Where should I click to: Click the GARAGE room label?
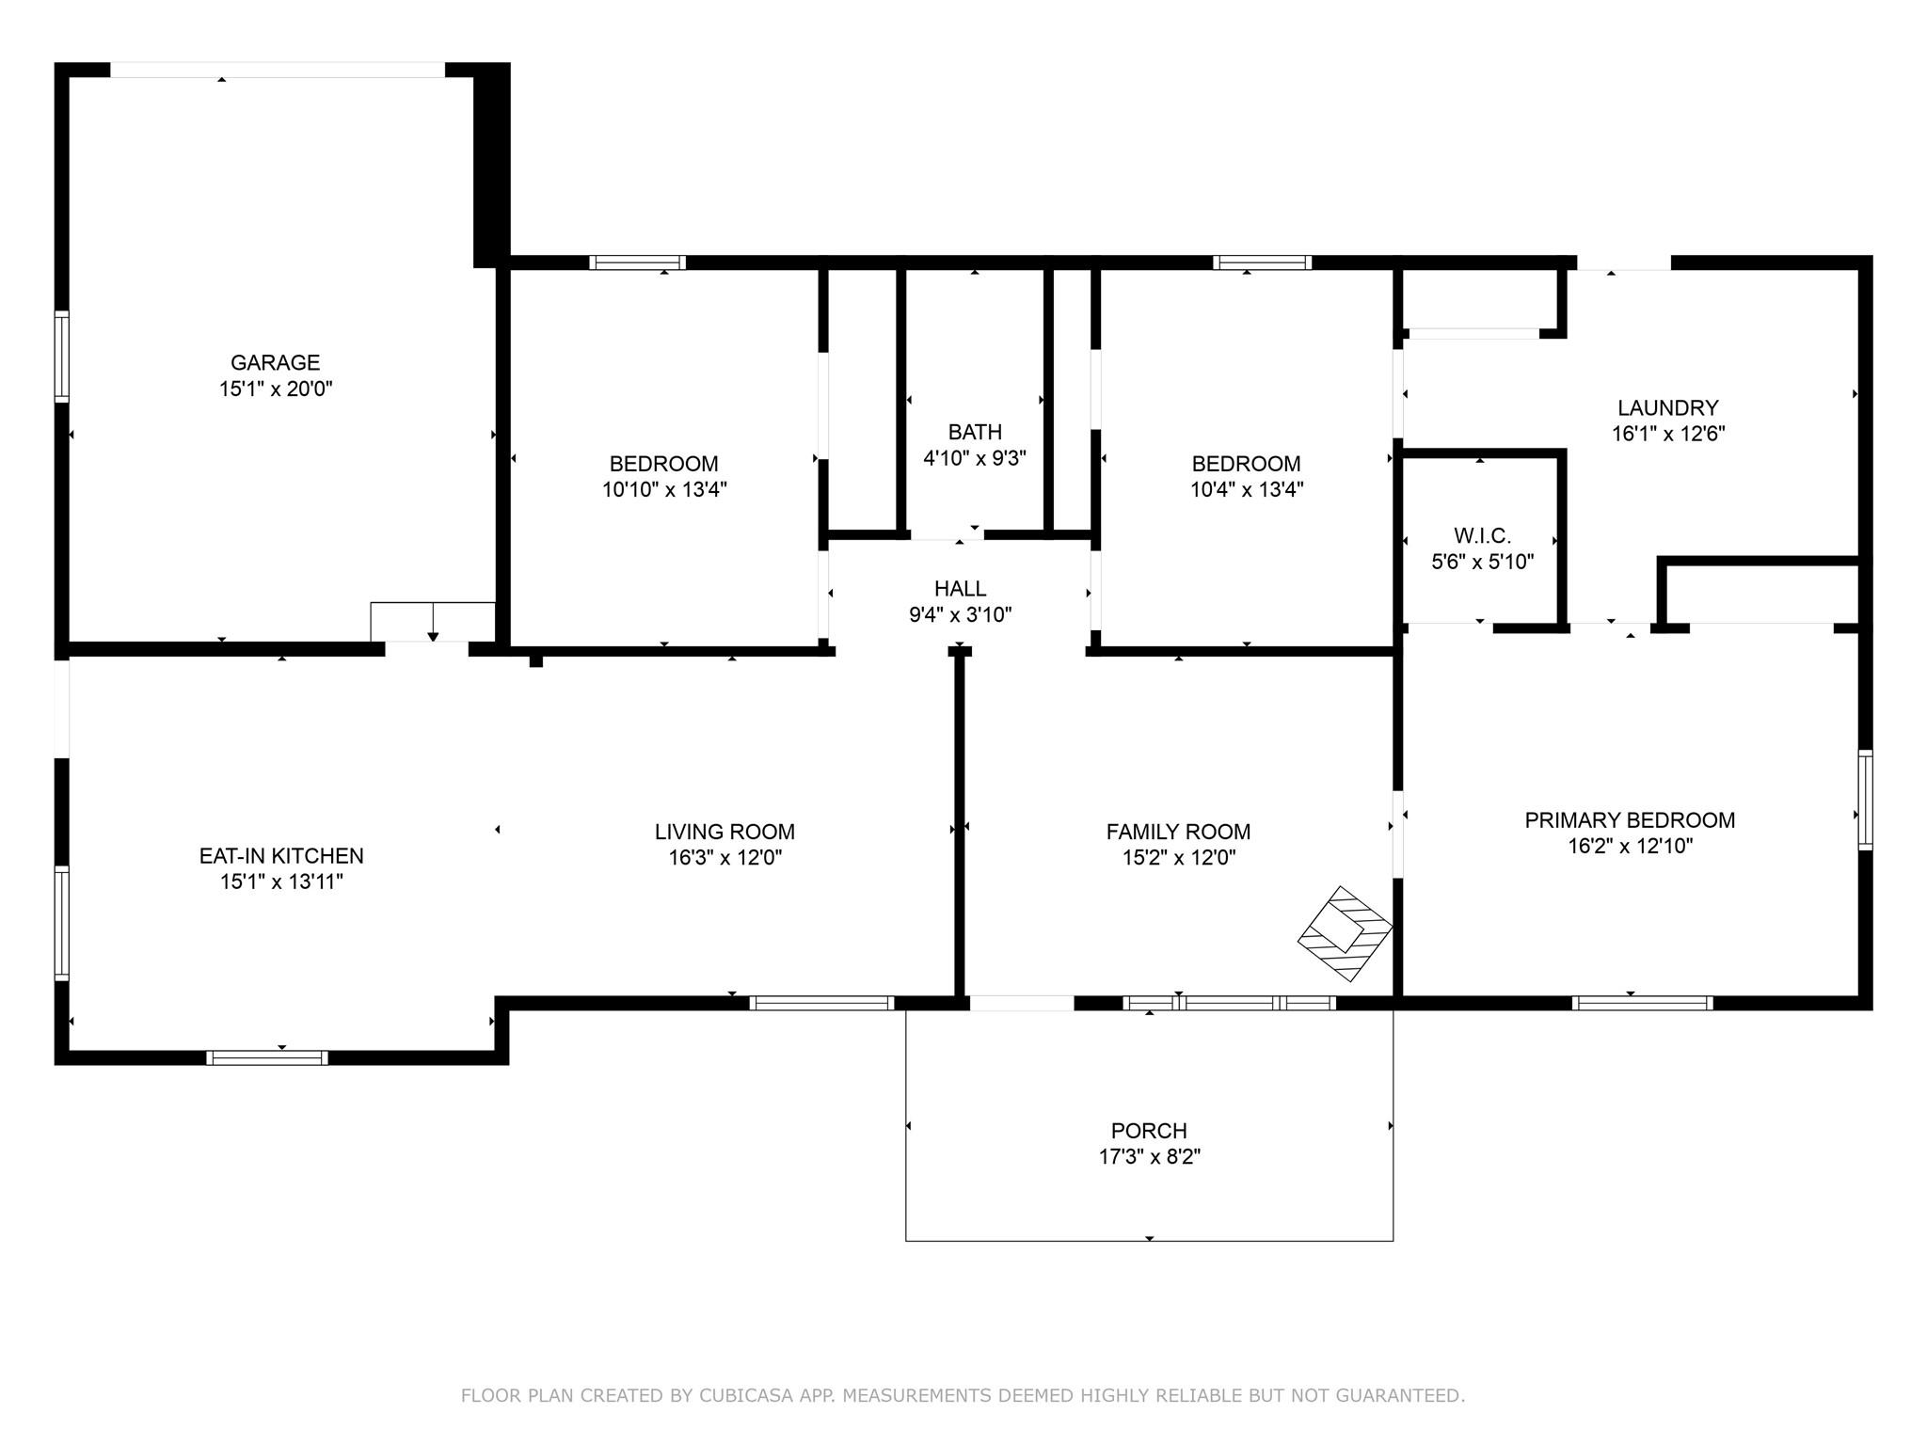(276, 362)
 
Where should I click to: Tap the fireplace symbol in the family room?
(1346, 934)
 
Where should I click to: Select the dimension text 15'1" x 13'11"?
(281, 881)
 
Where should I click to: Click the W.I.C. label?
(1482, 536)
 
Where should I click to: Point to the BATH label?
(975, 432)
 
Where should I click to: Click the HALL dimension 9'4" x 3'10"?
(960, 615)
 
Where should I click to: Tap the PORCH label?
(1149, 1131)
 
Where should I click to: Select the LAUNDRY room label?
(1668, 408)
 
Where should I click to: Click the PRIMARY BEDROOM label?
(1630, 820)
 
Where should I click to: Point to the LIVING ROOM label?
(725, 832)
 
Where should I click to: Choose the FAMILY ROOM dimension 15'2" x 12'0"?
(1178, 857)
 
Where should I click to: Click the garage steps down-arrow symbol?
(433, 623)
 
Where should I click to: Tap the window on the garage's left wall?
(62, 357)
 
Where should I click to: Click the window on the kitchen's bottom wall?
(267, 1057)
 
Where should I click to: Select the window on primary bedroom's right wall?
(1865, 800)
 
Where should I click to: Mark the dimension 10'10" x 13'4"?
(664, 489)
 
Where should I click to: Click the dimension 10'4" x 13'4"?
(1247, 489)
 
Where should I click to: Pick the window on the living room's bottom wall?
(821, 1003)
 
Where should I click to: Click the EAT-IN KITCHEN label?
(281, 856)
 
